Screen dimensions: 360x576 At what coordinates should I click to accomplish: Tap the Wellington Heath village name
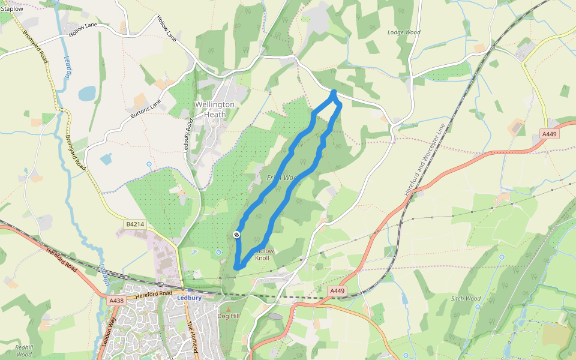(x=215, y=109)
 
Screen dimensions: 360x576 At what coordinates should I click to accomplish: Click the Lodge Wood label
(x=404, y=32)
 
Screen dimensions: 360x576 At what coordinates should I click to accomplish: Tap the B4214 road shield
(x=136, y=224)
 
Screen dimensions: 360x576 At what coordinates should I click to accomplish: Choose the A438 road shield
(x=116, y=301)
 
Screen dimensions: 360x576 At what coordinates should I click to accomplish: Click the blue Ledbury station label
(x=189, y=298)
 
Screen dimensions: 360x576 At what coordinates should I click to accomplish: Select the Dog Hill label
(x=228, y=316)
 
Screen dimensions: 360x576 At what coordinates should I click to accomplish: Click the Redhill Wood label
(x=24, y=350)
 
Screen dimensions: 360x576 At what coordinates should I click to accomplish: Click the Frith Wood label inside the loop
(x=283, y=178)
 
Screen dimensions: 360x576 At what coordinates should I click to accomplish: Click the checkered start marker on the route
(x=237, y=234)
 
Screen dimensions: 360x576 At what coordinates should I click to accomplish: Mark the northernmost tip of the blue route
(x=334, y=92)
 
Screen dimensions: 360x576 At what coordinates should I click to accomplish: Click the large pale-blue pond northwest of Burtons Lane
(x=87, y=93)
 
